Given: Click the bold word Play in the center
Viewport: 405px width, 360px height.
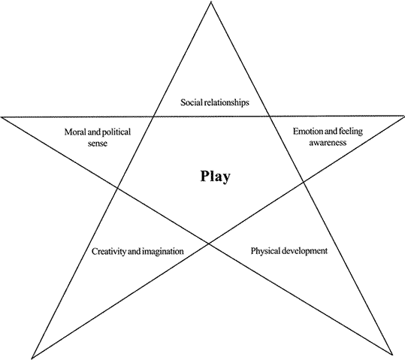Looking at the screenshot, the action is coord(215,177).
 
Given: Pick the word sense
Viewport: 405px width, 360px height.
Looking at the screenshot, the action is coord(98,144).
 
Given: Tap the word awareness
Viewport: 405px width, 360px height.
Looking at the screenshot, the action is coord(328,143).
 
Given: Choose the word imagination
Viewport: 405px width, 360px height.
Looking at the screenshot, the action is coord(162,252).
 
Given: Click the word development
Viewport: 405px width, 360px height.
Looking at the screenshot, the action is coord(304,251).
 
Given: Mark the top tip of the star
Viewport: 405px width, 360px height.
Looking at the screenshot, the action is coord(210,2).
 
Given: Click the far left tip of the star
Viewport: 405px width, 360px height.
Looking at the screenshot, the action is coord(2,117).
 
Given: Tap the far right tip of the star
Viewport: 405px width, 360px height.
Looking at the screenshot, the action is coord(403,116).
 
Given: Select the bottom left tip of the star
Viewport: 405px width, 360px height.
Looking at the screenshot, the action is coord(32,358).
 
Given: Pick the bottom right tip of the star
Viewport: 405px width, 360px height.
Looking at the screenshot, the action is coord(391,354).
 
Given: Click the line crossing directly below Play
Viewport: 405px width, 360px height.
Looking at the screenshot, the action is coord(209,244).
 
